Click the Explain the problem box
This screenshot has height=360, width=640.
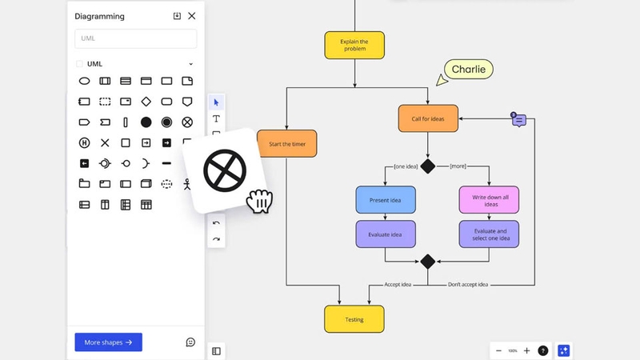pyautogui.click(x=354, y=45)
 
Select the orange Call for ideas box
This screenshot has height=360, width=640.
pyautogui.click(x=427, y=118)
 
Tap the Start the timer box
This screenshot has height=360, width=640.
pyautogui.click(x=287, y=144)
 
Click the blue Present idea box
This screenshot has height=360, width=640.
pyautogui.click(x=385, y=200)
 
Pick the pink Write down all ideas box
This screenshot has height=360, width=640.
pyautogui.click(x=488, y=200)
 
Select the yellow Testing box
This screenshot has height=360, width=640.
pyautogui.click(x=354, y=318)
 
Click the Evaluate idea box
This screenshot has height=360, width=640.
pyautogui.click(x=385, y=234)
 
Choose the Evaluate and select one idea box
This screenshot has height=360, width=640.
pyautogui.click(x=488, y=234)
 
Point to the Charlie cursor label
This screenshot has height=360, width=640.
pyautogui.click(x=468, y=70)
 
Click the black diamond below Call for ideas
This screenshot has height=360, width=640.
pyautogui.click(x=428, y=166)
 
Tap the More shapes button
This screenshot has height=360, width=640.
pyautogui.click(x=108, y=342)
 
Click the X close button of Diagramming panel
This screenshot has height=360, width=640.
pyautogui.click(x=191, y=16)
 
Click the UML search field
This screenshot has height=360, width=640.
pyautogui.click(x=135, y=38)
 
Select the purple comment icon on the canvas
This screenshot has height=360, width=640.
pyautogui.click(x=518, y=119)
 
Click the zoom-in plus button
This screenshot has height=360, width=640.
pyautogui.click(x=526, y=350)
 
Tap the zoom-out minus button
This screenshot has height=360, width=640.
pyautogui.click(x=498, y=350)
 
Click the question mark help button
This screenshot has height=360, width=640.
pyautogui.click(x=543, y=350)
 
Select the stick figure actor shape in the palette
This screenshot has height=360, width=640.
pyautogui.click(x=187, y=184)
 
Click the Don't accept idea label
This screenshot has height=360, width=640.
pyautogui.click(x=468, y=284)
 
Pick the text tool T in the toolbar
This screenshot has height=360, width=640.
pyautogui.click(x=216, y=118)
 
